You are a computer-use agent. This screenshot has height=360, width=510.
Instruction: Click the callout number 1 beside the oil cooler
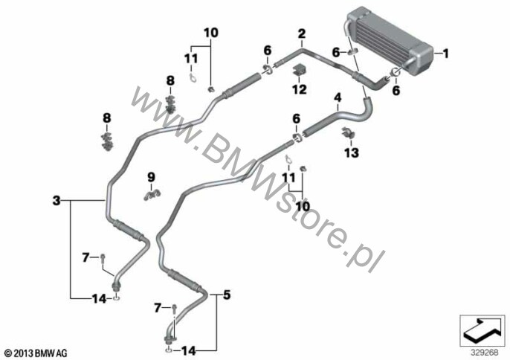[x=446, y=53]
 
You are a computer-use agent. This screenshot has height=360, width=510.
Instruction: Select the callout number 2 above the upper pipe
[x=302, y=34]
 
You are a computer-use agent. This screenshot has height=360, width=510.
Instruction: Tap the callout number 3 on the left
[x=57, y=201]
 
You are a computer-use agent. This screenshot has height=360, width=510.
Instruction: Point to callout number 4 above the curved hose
[x=338, y=97]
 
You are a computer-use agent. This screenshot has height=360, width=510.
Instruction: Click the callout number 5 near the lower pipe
[x=227, y=295]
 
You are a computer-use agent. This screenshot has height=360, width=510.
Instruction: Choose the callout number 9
[x=151, y=177]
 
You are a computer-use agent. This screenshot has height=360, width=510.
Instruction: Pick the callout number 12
[x=299, y=89]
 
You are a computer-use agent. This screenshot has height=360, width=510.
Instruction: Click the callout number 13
[x=352, y=152]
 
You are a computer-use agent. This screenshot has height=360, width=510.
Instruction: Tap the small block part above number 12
[x=300, y=71]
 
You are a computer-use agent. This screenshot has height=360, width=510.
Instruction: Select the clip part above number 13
[x=348, y=133]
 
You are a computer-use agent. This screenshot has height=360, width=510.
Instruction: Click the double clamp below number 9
[x=152, y=195]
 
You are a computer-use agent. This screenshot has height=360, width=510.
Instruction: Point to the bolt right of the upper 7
[x=103, y=258]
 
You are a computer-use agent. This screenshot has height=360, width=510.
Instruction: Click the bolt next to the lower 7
[x=175, y=308]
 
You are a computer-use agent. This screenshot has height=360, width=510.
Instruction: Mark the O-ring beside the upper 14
[x=117, y=298]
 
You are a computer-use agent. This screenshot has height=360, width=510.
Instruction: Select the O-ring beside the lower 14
[x=169, y=350]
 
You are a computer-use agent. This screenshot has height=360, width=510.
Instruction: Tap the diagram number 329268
[x=484, y=353]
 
